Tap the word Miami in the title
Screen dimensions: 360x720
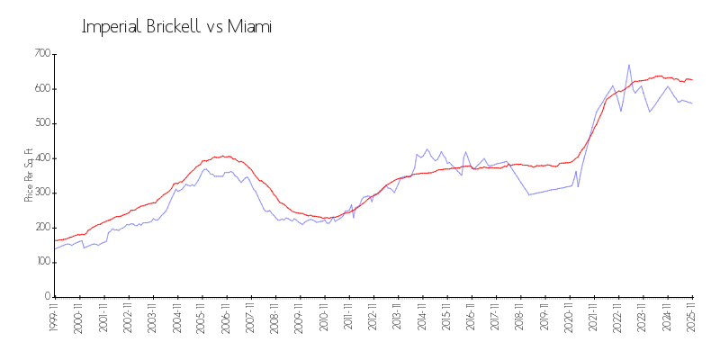coord(251,27)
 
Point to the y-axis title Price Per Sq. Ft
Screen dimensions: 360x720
coord(29,175)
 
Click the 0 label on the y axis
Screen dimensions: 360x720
coord(45,296)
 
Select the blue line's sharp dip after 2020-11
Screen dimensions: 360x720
coord(579,186)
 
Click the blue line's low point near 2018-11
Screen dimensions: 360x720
coord(529,194)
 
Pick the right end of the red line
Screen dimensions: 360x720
coord(692,80)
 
